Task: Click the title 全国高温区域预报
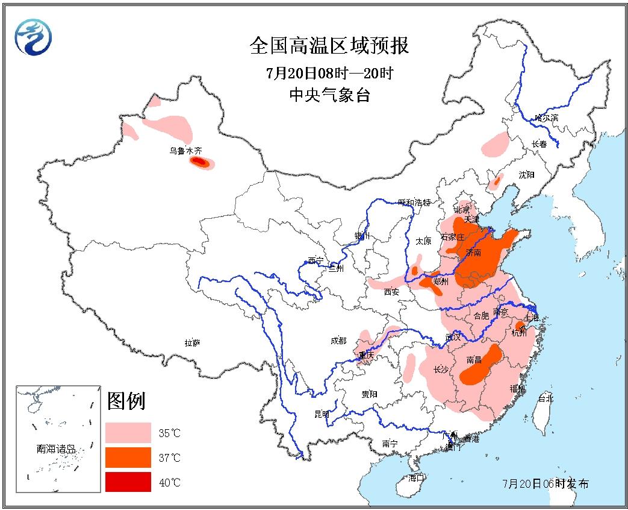[329, 46]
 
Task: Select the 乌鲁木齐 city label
[185, 151]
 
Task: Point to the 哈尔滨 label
[546, 118]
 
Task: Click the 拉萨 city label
[193, 343]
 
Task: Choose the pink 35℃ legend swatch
[128, 432]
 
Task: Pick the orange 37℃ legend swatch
[128, 457]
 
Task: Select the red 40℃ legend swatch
[128, 482]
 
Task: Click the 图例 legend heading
[126, 401]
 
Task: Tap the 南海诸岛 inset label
[56, 449]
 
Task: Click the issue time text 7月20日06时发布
[546, 483]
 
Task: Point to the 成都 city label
[338, 341]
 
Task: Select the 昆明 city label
[322, 414]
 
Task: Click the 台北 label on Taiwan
[545, 398]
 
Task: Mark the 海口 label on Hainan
[416, 478]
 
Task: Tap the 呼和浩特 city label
[415, 203]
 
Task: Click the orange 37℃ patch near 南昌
[482, 368]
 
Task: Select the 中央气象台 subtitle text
[329, 95]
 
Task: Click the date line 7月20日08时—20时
[329, 74]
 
